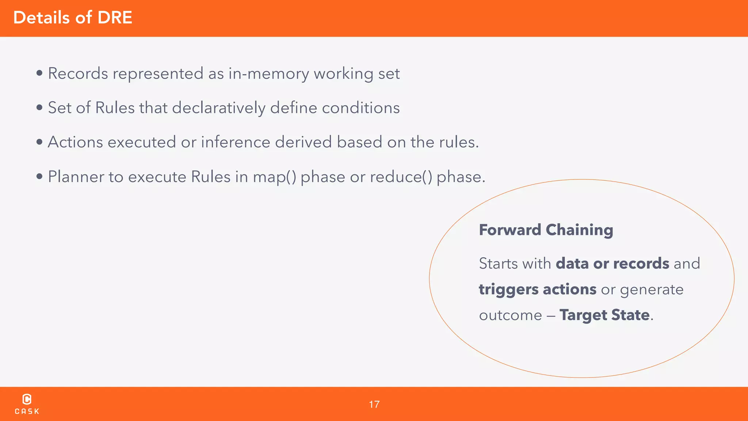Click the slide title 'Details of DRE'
click(73, 18)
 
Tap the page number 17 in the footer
click(374, 404)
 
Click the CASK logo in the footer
click(27, 404)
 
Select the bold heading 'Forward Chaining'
click(546, 230)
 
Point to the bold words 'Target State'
click(604, 315)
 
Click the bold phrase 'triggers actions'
click(537, 289)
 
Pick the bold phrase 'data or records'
click(612, 263)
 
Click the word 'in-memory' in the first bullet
click(269, 74)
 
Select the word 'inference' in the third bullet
click(236, 142)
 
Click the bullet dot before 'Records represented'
click(39, 73)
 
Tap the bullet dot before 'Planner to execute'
click(39, 177)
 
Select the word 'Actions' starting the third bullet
click(75, 142)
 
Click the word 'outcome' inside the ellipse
click(510, 315)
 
